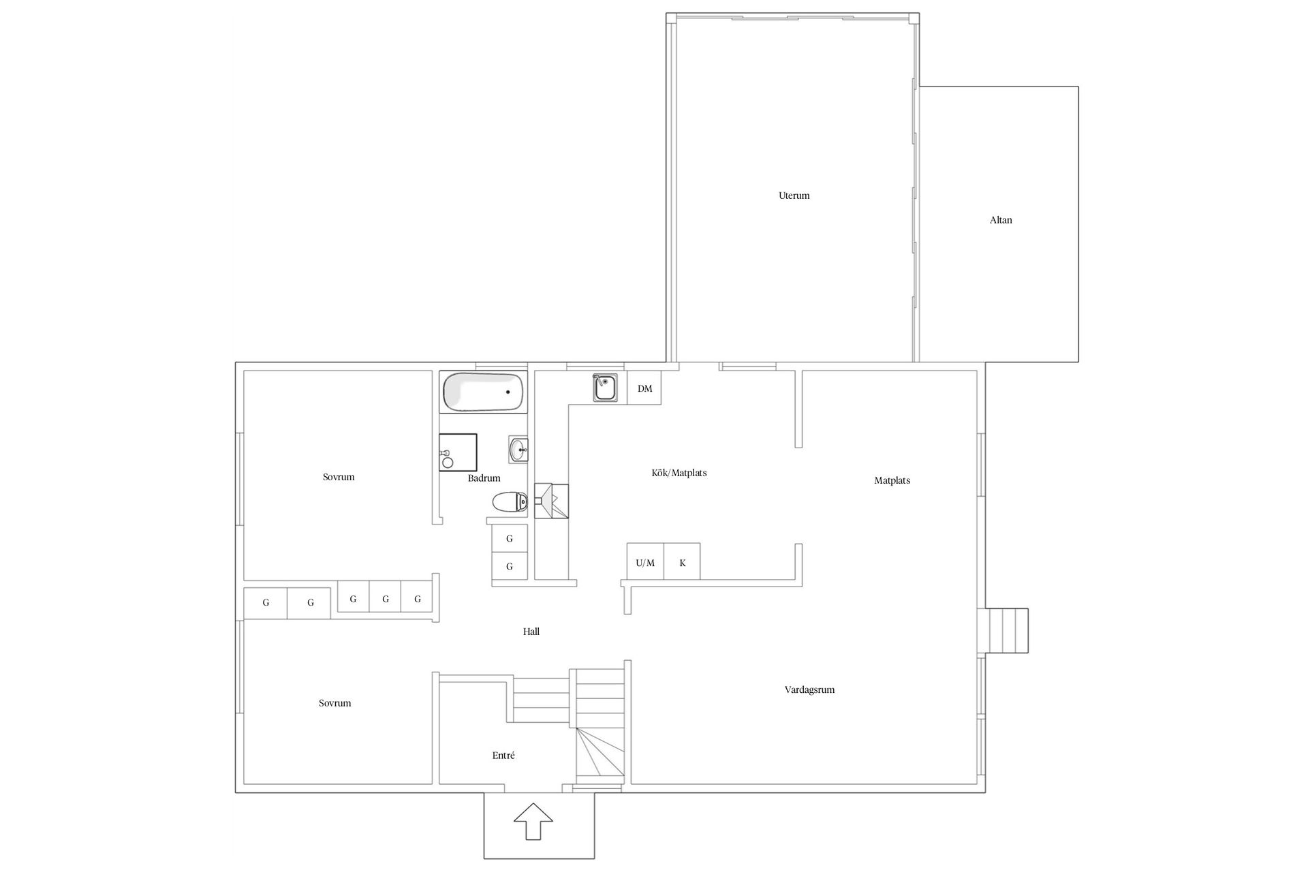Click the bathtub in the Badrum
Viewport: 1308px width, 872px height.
(x=483, y=392)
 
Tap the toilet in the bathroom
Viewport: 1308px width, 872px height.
(x=510, y=503)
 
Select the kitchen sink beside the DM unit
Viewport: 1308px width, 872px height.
(x=604, y=388)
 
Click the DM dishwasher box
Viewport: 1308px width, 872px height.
(x=644, y=388)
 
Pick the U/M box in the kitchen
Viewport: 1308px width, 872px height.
(x=645, y=563)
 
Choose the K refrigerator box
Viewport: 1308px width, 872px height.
(x=683, y=563)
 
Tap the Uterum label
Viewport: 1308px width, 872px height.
(x=794, y=196)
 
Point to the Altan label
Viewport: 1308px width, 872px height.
(x=1001, y=220)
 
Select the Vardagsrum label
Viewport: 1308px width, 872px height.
(x=809, y=689)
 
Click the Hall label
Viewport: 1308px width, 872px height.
(x=531, y=632)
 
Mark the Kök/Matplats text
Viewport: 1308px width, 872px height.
(x=679, y=473)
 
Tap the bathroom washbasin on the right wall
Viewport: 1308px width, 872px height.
(x=518, y=449)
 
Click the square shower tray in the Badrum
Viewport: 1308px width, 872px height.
(x=458, y=452)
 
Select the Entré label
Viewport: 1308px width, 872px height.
(x=503, y=756)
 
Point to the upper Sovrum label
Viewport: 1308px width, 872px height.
(x=339, y=477)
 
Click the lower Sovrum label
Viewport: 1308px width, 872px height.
(x=334, y=703)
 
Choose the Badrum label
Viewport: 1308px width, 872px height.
(x=484, y=478)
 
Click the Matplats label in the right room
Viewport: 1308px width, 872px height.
(x=892, y=480)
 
